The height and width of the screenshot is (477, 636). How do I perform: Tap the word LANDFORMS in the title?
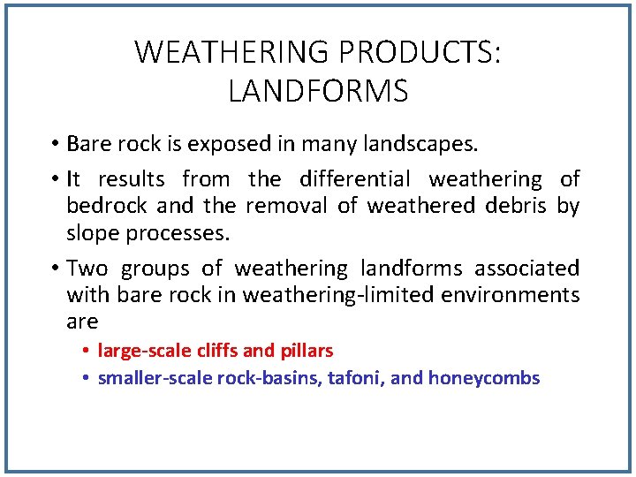(x=318, y=91)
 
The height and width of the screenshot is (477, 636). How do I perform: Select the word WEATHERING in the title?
(x=231, y=53)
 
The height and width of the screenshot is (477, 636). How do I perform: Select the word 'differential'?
(x=355, y=179)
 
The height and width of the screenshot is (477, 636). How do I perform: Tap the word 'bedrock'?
(x=108, y=206)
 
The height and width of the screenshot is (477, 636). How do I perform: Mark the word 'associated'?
(x=527, y=269)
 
